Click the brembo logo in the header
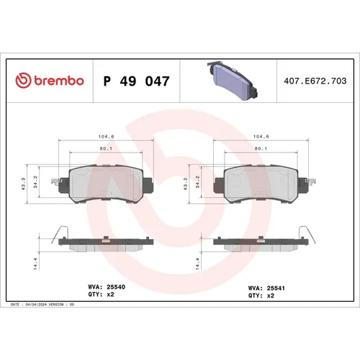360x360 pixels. (x=50, y=81)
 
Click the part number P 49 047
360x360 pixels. (x=137, y=81)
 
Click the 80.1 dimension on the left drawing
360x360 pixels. (x=106, y=150)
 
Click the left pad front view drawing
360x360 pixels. (x=106, y=185)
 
